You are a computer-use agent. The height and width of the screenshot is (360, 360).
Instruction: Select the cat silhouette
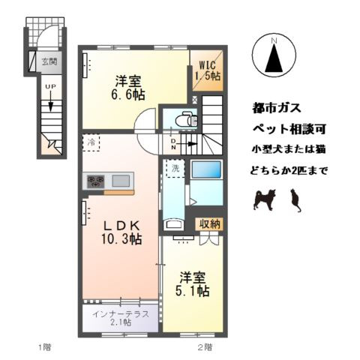click(294, 200)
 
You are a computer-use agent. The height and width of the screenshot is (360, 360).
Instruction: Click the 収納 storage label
click(210, 223)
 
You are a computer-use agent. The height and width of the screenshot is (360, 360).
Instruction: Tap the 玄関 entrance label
click(49, 61)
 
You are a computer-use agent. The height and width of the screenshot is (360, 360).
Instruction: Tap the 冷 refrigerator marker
click(90, 142)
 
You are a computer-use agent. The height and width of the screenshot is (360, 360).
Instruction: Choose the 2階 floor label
click(205, 346)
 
